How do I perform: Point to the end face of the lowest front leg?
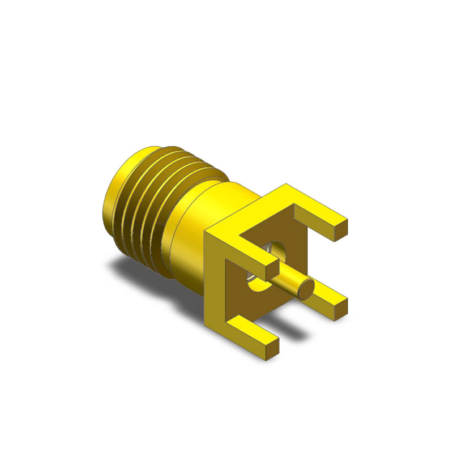pyautogui.click(x=271, y=343)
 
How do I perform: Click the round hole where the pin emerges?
pyautogui.click(x=276, y=251)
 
